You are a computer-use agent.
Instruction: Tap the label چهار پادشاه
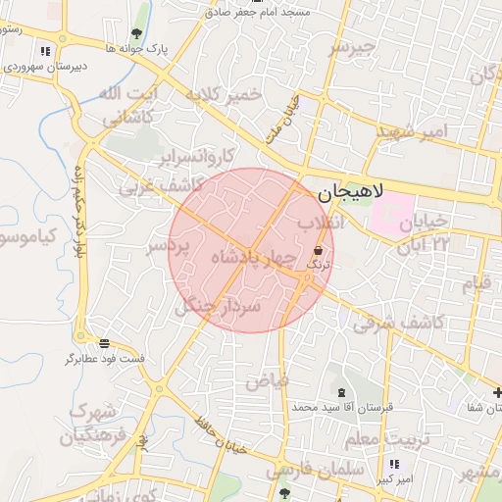pyautogui.click(x=252, y=257)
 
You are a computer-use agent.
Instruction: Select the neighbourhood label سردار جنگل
pyautogui.click(x=218, y=307)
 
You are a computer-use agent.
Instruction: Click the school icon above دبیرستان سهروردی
pyautogui.click(x=44, y=51)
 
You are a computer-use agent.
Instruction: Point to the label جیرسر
pyautogui.click(x=351, y=46)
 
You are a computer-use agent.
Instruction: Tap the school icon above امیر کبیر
pyautogui.click(x=394, y=464)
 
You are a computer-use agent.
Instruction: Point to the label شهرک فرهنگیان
pyautogui.click(x=93, y=423)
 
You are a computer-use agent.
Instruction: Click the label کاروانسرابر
pyautogui.click(x=199, y=157)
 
